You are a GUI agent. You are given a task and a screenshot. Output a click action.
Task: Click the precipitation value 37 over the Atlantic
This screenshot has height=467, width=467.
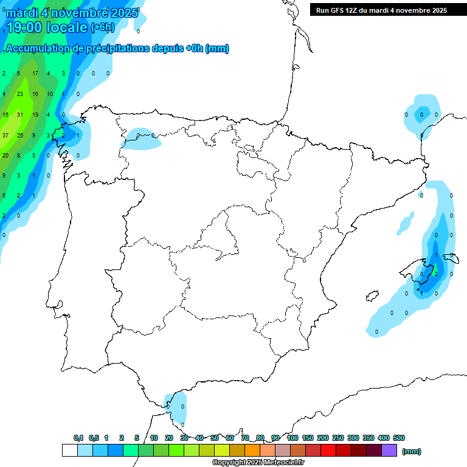click(x=5, y=135)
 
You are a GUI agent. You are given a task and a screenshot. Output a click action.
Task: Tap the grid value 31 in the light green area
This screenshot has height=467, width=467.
click(x=20, y=114)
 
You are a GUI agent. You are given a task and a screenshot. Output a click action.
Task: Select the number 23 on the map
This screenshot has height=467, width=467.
click(x=20, y=94)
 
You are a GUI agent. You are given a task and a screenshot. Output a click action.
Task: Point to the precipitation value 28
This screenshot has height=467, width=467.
click(x=20, y=135)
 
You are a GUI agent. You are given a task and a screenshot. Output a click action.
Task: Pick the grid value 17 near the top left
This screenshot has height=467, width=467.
click(x=35, y=74)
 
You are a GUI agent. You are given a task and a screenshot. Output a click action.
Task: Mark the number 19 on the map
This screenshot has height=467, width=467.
click(x=35, y=114)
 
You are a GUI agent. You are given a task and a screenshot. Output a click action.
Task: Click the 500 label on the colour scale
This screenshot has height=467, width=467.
click(x=398, y=438)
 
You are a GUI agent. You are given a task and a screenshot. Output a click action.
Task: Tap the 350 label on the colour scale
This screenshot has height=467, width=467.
click(x=368, y=438)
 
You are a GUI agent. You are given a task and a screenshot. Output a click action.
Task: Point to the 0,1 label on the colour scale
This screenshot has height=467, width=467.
click(x=78, y=438)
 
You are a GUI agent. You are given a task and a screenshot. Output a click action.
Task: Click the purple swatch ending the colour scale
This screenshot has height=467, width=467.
click(x=389, y=450)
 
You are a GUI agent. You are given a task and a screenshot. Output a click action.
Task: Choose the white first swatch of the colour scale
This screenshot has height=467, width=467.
click(x=69, y=450)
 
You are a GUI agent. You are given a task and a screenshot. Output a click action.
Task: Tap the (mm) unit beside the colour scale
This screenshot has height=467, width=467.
click(x=412, y=451)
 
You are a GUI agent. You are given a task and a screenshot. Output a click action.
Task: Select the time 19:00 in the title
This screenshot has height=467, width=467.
click(x=26, y=27)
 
